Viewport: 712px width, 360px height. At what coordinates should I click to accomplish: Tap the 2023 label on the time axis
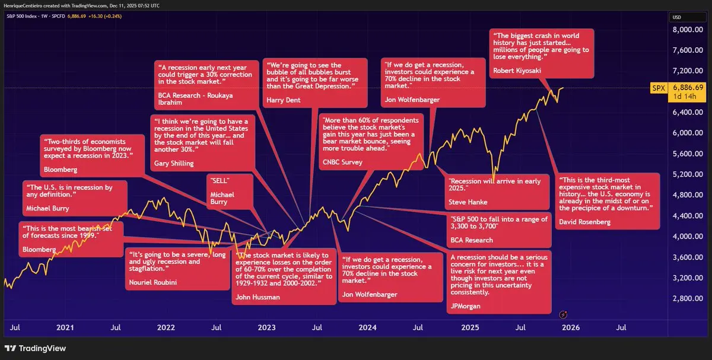point(266,327)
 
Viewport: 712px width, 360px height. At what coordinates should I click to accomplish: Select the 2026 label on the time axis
point(571,327)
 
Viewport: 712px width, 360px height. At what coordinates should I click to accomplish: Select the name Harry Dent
point(284,100)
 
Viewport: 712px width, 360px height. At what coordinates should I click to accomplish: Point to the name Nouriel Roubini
point(152,282)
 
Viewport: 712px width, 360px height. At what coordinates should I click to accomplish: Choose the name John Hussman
point(258,297)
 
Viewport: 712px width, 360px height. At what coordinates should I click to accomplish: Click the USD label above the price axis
point(676,17)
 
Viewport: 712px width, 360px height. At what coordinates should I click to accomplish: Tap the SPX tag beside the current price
point(657,87)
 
